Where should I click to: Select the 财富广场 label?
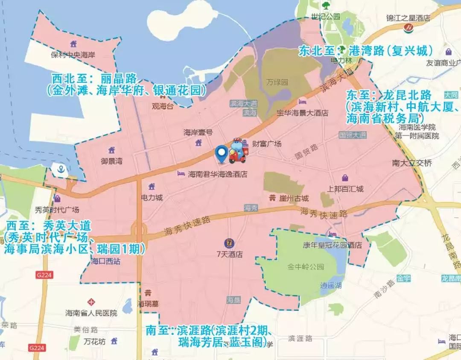point(267,144)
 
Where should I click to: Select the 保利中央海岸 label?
point(73,55)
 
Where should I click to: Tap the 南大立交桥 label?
point(412,163)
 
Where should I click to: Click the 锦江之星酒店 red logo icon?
point(408,27)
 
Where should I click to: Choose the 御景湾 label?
point(112,161)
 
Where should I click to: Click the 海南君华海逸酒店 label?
point(218,174)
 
